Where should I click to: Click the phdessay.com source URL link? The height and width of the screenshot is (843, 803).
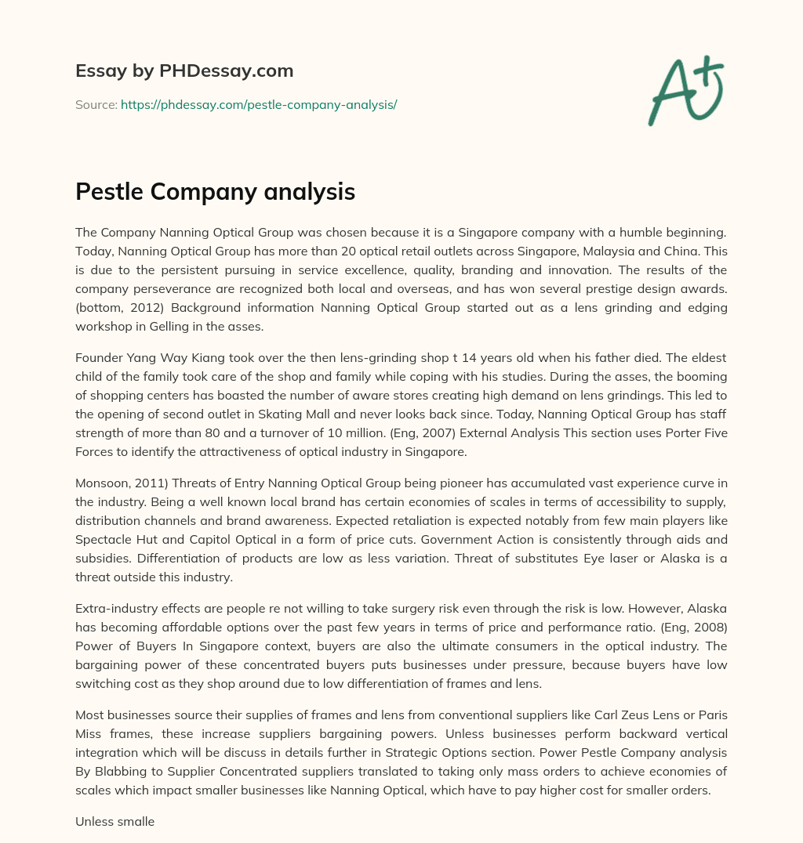click(259, 104)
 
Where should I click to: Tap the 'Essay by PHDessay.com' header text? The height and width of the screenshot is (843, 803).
click(184, 71)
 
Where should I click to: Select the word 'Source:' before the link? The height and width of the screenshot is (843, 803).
click(96, 104)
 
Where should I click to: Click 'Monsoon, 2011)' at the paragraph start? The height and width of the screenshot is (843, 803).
click(116, 484)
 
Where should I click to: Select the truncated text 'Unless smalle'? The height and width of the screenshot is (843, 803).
click(114, 822)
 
